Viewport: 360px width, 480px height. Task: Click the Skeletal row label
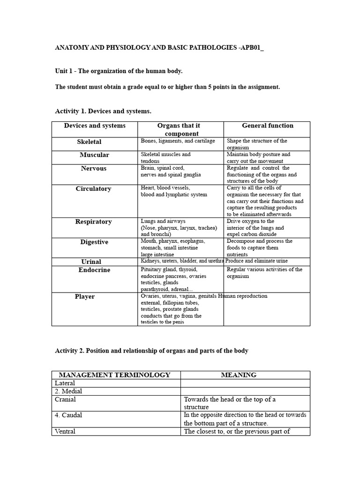point(89,142)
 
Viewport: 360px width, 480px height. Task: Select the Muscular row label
point(94,155)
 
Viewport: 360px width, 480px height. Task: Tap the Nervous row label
point(94,168)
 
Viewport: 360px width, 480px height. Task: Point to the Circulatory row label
point(94,189)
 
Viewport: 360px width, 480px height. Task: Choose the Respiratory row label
point(94,222)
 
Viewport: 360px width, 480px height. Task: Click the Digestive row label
point(94,242)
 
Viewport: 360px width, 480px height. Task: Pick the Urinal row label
point(91,262)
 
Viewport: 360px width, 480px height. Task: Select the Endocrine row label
point(94,270)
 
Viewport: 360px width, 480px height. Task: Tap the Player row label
point(85,297)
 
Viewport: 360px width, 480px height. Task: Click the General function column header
point(268,126)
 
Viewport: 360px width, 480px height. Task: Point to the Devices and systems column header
point(95,126)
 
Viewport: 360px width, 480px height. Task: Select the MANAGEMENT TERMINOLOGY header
point(114,375)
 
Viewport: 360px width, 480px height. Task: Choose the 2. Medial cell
point(69,391)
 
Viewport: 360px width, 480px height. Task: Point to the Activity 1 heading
point(103,111)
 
